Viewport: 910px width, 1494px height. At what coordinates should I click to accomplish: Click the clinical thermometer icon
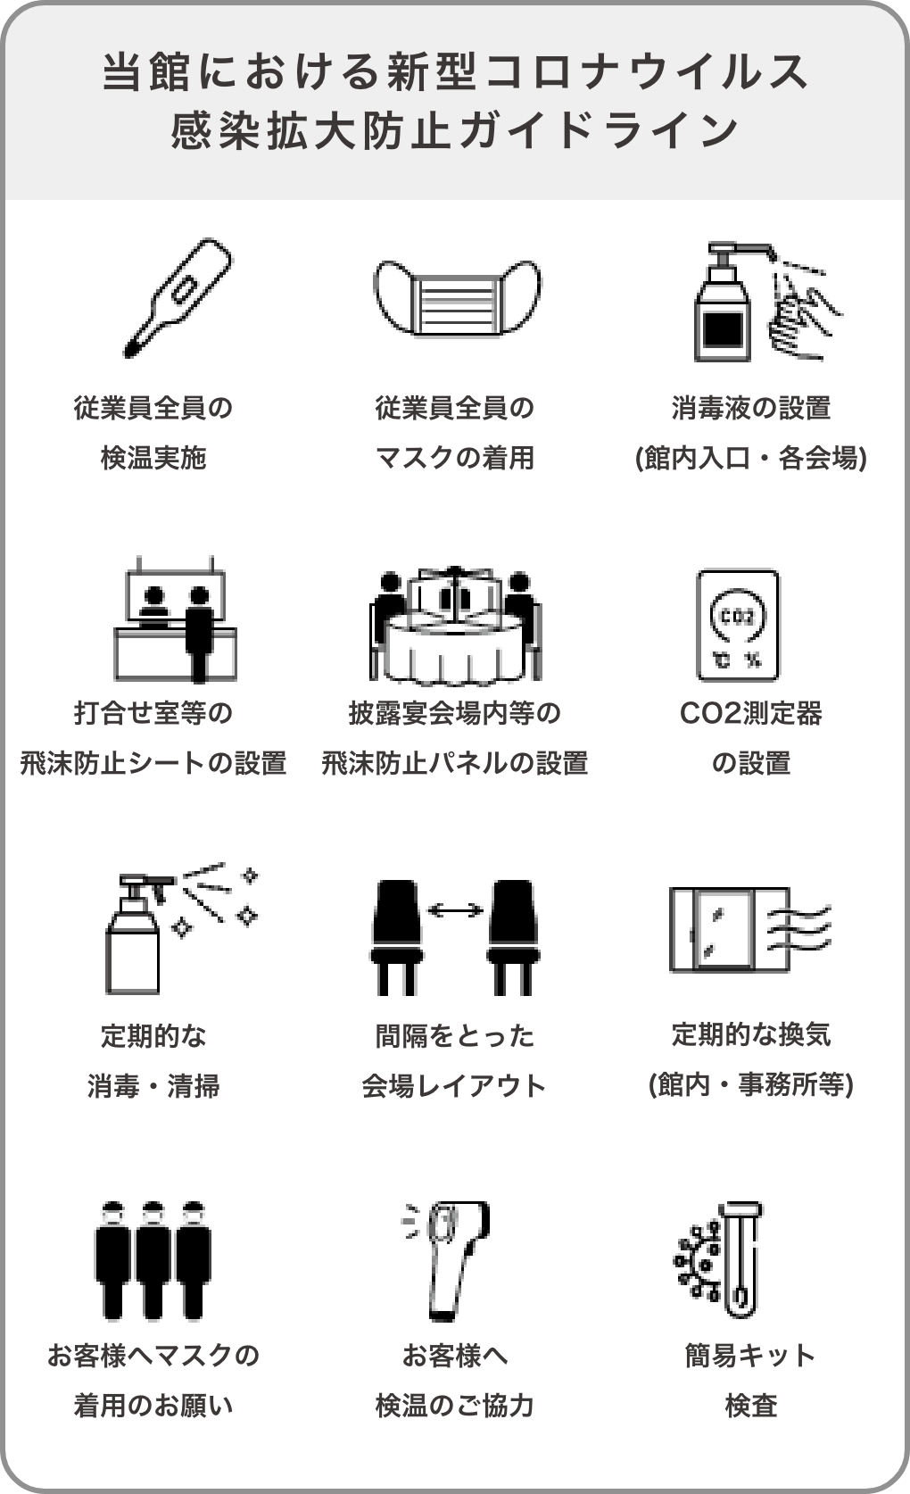tap(178, 297)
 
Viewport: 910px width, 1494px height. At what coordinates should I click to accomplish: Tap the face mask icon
tap(457, 297)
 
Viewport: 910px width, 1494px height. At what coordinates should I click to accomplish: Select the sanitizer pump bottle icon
tap(724, 303)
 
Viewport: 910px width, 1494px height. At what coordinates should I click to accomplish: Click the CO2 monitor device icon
tap(737, 625)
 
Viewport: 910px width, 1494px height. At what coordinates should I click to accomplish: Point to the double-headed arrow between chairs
tap(455, 909)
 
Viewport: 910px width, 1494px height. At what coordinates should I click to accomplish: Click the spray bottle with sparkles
tap(181, 928)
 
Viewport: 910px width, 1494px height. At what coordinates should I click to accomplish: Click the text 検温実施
tap(153, 458)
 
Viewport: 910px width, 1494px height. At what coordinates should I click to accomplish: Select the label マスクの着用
tap(455, 458)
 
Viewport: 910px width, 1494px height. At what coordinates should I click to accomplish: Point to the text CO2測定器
tap(750, 713)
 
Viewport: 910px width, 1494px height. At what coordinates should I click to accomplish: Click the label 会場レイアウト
tap(454, 1086)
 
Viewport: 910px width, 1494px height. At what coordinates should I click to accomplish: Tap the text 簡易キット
tap(750, 1356)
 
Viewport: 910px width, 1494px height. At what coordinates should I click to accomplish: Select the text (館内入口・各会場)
tap(750, 458)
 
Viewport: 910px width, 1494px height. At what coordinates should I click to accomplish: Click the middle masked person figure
tap(153, 1260)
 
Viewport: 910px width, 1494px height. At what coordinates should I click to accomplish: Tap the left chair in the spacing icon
tap(397, 937)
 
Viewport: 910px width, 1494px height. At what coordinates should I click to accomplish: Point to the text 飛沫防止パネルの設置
tap(455, 763)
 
